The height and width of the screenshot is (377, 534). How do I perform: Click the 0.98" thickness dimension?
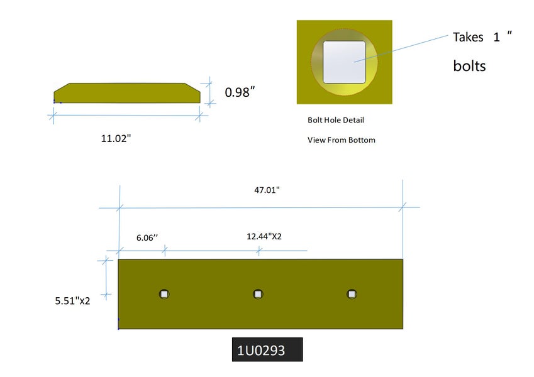[240, 92]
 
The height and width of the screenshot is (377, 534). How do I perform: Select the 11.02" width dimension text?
[116, 138]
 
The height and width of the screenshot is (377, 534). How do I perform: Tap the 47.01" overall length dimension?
[267, 190]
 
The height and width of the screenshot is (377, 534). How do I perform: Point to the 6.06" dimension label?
[147, 238]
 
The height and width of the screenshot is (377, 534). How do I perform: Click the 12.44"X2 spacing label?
[264, 236]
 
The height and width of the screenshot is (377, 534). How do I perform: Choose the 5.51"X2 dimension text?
[72, 301]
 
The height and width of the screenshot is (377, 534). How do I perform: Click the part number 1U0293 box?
[267, 349]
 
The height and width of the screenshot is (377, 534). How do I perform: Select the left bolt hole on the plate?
[164, 294]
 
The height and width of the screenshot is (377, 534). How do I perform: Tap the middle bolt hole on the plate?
[258, 294]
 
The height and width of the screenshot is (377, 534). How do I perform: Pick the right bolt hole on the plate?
[352, 294]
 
